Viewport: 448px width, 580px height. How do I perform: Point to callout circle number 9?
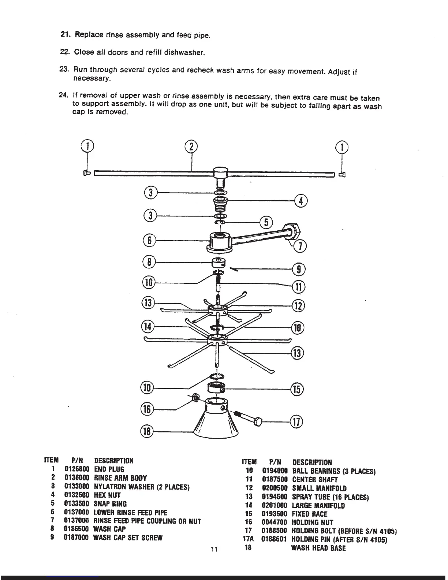click(x=299, y=269)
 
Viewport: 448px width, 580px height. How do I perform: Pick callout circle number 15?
click(x=297, y=389)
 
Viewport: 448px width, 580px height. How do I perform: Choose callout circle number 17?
click(x=296, y=422)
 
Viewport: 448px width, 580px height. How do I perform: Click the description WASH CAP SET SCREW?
click(x=128, y=538)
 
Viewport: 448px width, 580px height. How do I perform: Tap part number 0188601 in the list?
click(x=273, y=539)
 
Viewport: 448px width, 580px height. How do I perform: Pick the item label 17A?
click(x=248, y=539)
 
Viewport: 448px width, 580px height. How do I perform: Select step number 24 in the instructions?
click(x=64, y=95)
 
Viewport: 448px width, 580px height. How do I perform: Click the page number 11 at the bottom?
click(x=214, y=549)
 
